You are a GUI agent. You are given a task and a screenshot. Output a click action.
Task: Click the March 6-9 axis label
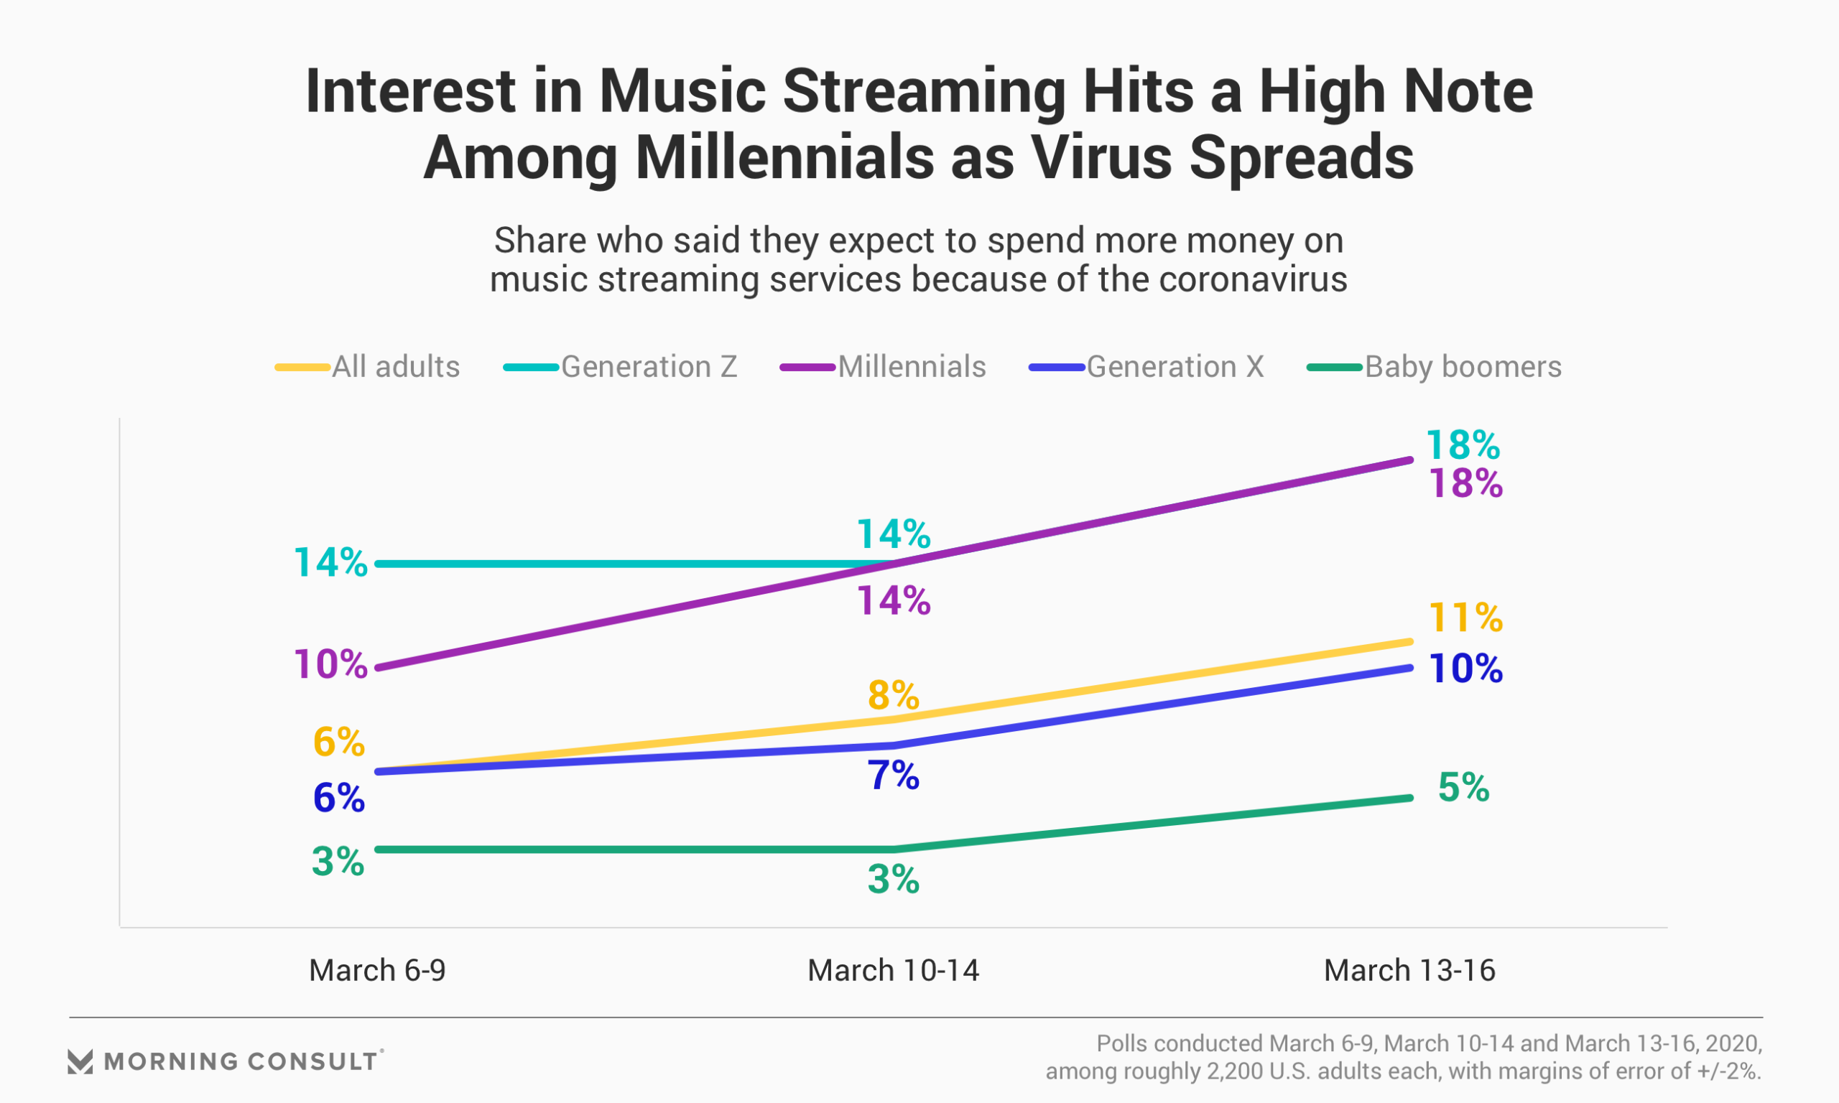(x=377, y=970)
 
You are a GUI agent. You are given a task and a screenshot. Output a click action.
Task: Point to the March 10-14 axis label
(x=893, y=970)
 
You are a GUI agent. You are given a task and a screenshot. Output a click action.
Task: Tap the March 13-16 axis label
(x=1409, y=970)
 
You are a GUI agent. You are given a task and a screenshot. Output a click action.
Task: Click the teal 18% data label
(x=1462, y=445)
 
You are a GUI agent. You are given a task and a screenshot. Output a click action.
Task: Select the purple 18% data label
(x=1465, y=483)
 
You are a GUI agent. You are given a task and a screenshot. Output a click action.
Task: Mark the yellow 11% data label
(x=1465, y=618)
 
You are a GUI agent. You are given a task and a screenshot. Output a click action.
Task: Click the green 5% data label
(x=1463, y=787)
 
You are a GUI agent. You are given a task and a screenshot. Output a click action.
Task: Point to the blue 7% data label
(x=893, y=776)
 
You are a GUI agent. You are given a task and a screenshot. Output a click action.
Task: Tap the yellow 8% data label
(x=893, y=696)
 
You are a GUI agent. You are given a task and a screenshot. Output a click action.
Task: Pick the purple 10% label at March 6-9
(x=330, y=664)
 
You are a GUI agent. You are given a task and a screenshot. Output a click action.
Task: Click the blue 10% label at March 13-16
(x=1465, y=669)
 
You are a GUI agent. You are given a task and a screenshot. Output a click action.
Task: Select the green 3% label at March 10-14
(x=893, y=879)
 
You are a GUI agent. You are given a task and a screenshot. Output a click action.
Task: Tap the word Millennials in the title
(x=785, y=157)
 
